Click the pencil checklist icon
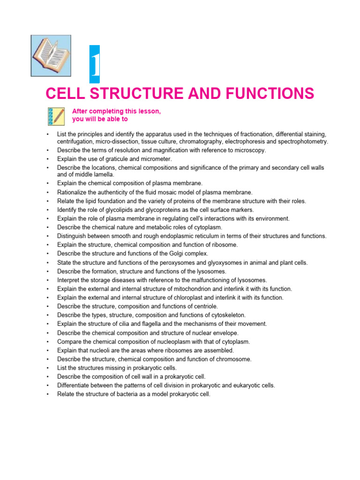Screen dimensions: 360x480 [56, 116]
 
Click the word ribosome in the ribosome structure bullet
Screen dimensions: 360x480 [225, 245]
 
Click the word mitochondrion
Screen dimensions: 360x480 [188, 289]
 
